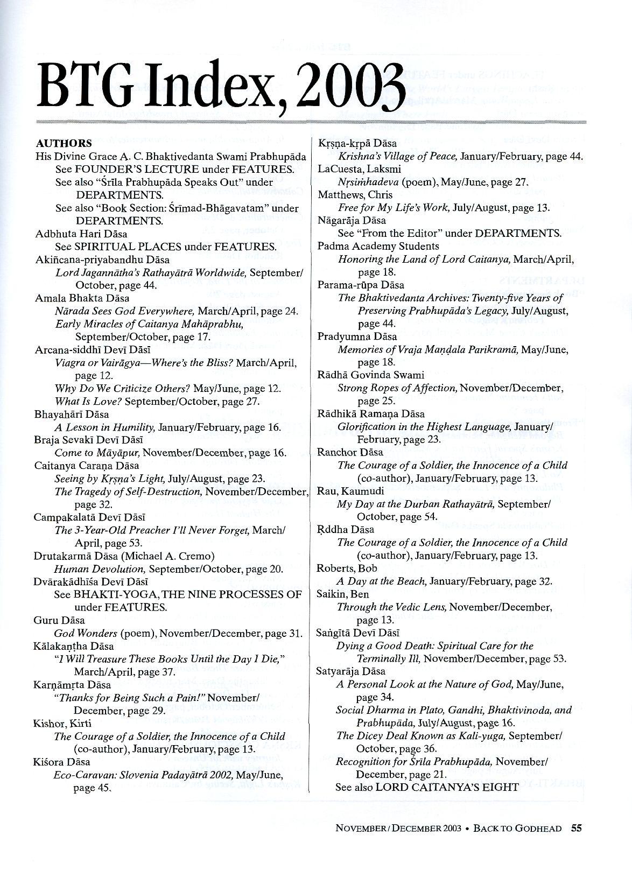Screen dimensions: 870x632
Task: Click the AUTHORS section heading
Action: [x=64, y=143]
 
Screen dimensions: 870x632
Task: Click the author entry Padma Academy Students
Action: [x=378, y=246]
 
